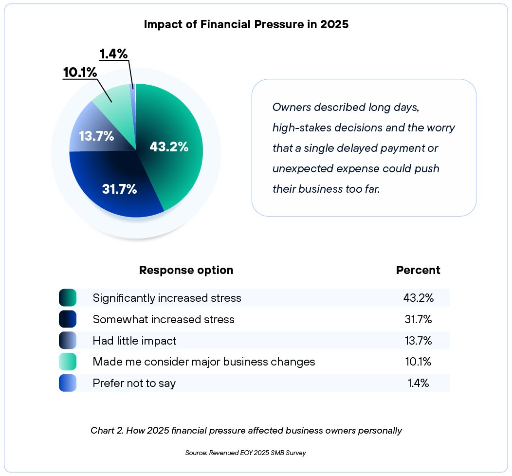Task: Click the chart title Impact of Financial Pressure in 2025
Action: pyautogui.click(x=246, y=25)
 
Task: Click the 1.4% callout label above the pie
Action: pyautogui.click(x=113, y=54)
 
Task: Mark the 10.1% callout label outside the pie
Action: pyautogui.click(x=80, y=73)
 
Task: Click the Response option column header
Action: pyautogui.click(x=186, y=270)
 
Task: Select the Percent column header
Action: pyautogui.click(x=418, y=270)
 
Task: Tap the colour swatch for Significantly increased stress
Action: pyautogui.click(x=68, y=297)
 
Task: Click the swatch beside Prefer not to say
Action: pyautogui.click(x=68, y=383)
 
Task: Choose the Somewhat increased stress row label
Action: pyautogui.click(x=164, y=319)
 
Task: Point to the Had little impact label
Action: pyautogui.click(x=134, y=341)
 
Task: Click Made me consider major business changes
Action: pyautogui.click(x=204, y=362)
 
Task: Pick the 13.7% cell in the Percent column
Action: pyautogui.click(x=418, y=341)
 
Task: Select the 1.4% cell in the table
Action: pyautogui.click(x=418, y=383)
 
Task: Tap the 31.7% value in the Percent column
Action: pyautogui.click(x=418, y=319)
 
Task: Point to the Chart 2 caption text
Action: pyautogui.click(x=246, y=431)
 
